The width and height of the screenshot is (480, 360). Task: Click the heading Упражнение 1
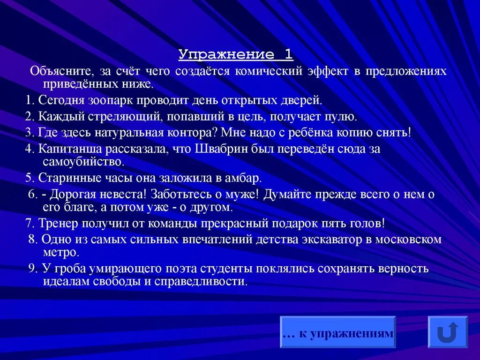(x=236, y=55)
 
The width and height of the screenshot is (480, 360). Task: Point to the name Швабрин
(x=225, y=149)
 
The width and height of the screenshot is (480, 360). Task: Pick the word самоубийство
(x=83, y=162)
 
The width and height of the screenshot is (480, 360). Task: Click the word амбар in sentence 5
(x=240, y=178)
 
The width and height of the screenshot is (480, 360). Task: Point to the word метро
(x=60, y=252)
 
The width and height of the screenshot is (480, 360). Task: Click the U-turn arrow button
(x=448, y=332)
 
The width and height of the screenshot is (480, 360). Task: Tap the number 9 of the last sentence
(x=31, y=269)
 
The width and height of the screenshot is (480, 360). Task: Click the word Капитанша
(x=68, y=149)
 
